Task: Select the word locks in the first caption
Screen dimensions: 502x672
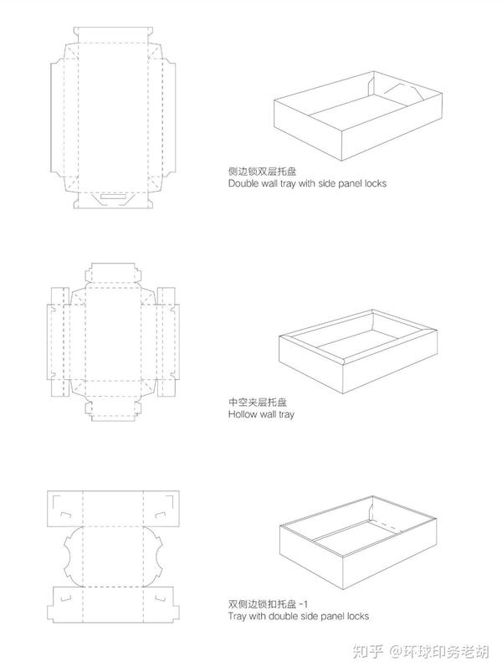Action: [372, 182]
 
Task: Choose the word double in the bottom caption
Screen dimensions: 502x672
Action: [289, 617]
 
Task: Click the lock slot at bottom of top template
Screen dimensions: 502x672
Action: [112, 198]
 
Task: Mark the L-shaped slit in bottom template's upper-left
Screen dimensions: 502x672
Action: [60, 504]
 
